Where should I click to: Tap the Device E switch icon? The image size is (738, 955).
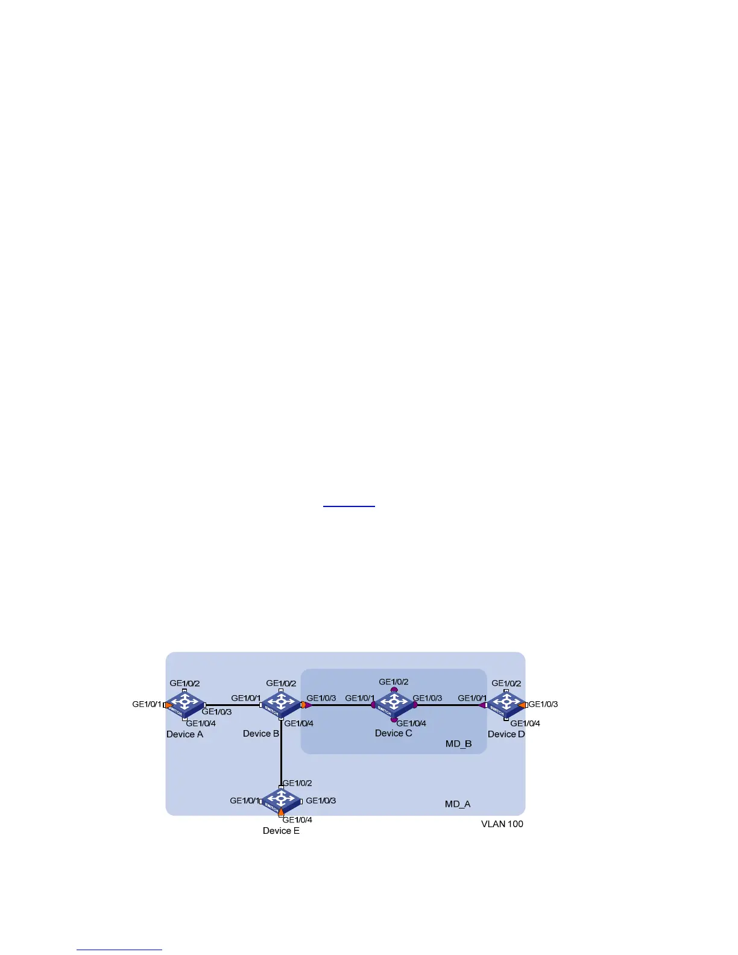(281, 801)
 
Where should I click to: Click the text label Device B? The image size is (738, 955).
(261, 734)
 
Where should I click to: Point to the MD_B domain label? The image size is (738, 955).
(458, 744)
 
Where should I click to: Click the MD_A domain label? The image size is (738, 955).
(458, 804)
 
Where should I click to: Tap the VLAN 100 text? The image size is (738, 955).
(502, 824)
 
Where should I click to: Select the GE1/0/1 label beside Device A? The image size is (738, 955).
(147, 704)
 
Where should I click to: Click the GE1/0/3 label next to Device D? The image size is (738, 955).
(543, 704)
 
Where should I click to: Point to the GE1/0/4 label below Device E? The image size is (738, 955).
(297, 820)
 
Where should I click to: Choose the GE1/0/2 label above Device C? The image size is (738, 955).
(394, 682)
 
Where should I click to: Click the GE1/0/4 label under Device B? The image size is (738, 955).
(299, 723)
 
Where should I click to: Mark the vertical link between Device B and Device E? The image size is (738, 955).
(281, 754)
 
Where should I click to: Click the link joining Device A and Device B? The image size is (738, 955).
(232, 704)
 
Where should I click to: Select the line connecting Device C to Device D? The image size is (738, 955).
(449, 704)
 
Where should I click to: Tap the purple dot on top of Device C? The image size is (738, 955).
(394, 689)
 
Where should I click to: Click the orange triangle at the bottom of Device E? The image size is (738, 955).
(281, 812)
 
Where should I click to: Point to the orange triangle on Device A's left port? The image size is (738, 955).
(168, 704)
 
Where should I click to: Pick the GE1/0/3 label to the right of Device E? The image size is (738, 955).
(321, 801)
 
